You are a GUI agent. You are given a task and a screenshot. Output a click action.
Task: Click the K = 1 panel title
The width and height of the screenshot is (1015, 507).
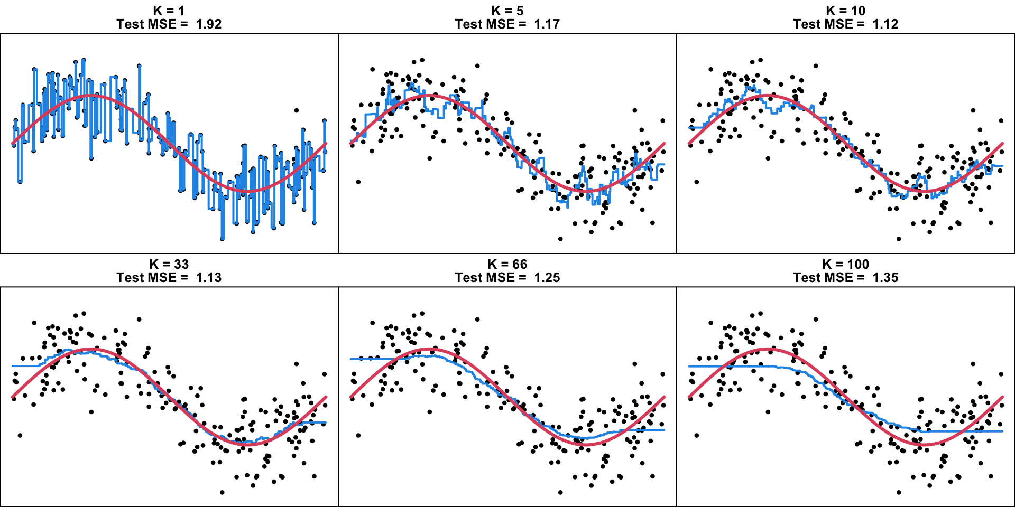(x=169, y=11)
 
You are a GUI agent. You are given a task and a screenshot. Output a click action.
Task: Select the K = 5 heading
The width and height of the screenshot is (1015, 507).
(x=508, y=11)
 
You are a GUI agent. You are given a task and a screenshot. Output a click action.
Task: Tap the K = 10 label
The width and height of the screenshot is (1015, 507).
(x=846, y=11)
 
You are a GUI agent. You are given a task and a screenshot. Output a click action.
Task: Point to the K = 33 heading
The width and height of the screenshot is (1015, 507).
(x=169, y=264)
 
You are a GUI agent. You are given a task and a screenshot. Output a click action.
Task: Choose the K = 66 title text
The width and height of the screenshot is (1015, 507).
(x=508, y=264)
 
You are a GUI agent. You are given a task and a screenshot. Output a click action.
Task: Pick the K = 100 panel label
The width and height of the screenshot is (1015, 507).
(x=846, y=264)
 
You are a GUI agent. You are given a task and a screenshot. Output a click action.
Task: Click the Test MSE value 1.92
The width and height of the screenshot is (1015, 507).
(x=209, y=24)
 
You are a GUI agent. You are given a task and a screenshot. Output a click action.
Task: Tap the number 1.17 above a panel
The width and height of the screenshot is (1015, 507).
(x=547, y=24)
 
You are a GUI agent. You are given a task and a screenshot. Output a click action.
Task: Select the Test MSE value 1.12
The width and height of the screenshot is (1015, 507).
(x=885, y=24)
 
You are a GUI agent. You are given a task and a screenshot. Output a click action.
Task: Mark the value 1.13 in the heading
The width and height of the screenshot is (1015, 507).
(x=209, y=278)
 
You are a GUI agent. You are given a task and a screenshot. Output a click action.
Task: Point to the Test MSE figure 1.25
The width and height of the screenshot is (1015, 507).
(x=547, y=278)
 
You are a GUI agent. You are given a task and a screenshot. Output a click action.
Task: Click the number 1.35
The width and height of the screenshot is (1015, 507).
(x=885, y=278)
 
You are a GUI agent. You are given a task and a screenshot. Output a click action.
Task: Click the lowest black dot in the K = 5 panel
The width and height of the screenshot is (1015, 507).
(x=560, y=239)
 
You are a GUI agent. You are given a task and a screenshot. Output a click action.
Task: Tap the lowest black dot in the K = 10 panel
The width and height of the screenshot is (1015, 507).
(x=899, y=239)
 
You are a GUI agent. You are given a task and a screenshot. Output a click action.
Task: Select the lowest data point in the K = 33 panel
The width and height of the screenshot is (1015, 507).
(x=222, y=492)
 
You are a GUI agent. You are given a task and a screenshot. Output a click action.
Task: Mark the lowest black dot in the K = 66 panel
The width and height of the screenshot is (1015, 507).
(x=560, y=492)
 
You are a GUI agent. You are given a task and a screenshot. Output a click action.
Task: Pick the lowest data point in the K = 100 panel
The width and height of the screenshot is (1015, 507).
(x=899, y=492)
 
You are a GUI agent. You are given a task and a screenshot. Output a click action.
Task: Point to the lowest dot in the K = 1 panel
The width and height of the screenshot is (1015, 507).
(x=222, y=239)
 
